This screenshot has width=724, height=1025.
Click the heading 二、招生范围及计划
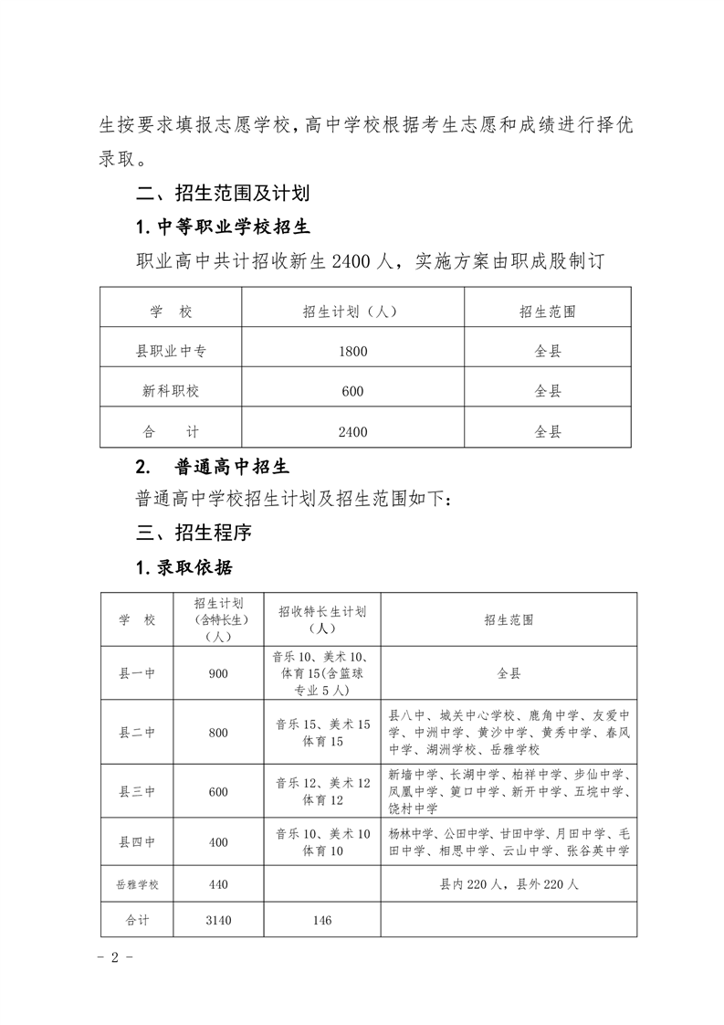click(223, 193)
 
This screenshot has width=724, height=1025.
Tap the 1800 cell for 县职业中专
click(352, 350)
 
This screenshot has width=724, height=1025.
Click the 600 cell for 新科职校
click(352, 391)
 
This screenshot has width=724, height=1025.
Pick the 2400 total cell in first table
click(352, 431)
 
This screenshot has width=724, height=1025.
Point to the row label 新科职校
click(171, 391)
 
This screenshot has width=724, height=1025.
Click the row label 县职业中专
click(171, 350)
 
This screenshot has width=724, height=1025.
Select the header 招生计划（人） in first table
click(352, 312)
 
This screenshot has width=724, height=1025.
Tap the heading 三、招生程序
click(194, 532)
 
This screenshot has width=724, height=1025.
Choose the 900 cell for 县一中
click(218, 673)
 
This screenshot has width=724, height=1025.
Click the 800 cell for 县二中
click(218, 733)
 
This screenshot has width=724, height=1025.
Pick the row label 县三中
click(137, 792)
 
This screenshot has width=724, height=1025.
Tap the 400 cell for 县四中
click(218, 842)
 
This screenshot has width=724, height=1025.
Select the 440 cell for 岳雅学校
click(218, 884)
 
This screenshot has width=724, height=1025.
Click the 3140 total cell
click(218, 920)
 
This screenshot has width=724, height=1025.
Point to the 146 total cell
click(322, 920)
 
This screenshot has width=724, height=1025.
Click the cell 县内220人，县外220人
click(509, 884)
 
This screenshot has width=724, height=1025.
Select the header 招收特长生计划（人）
click(322, 619)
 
